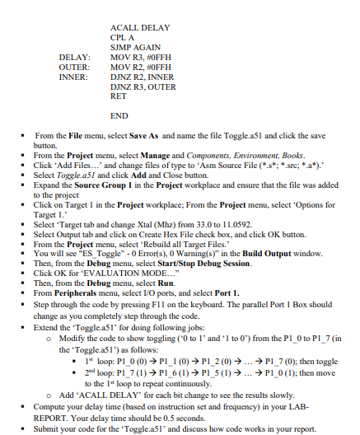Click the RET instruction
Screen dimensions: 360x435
(118, 96)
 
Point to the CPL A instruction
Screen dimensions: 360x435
(122, 38)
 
